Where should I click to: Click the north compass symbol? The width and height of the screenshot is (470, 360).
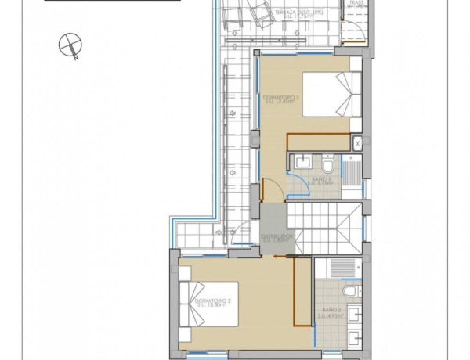tap(70, 46)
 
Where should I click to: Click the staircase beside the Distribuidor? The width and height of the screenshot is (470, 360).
tap(323, 228)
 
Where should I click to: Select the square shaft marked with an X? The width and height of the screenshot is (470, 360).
tap(357, 143)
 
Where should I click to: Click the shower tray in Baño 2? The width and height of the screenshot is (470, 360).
tap(342, 268)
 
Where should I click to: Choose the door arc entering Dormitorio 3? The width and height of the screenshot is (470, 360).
tap(269, 191)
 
